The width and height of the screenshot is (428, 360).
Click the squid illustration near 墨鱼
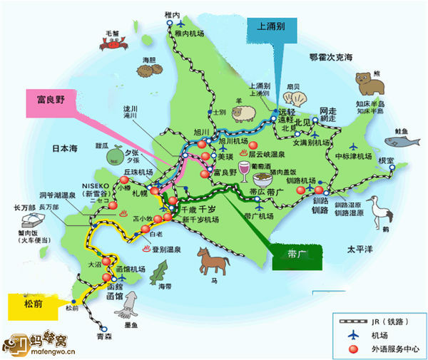coord(131,307)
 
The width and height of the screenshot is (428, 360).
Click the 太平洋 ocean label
coord(360,250)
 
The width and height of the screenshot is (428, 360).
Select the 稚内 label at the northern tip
coord(171,13)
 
